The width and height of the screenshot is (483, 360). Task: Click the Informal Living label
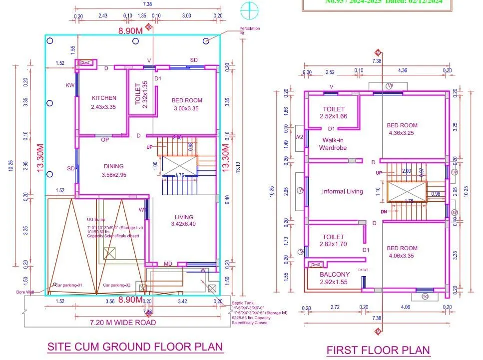pos(342,191)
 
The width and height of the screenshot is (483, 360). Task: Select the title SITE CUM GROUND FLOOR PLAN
pos(135,347)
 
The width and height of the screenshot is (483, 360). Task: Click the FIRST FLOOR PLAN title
pos(378,351)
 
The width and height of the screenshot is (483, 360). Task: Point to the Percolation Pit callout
pos(249,30)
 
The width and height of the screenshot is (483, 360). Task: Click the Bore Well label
pos(24,292)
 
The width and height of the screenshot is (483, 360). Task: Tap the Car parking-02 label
pos(116,285)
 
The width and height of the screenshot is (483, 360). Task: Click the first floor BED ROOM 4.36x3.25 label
pos(402,129)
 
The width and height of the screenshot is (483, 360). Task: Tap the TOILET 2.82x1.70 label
pos(333,241)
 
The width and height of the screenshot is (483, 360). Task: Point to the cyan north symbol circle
pos(248,9)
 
